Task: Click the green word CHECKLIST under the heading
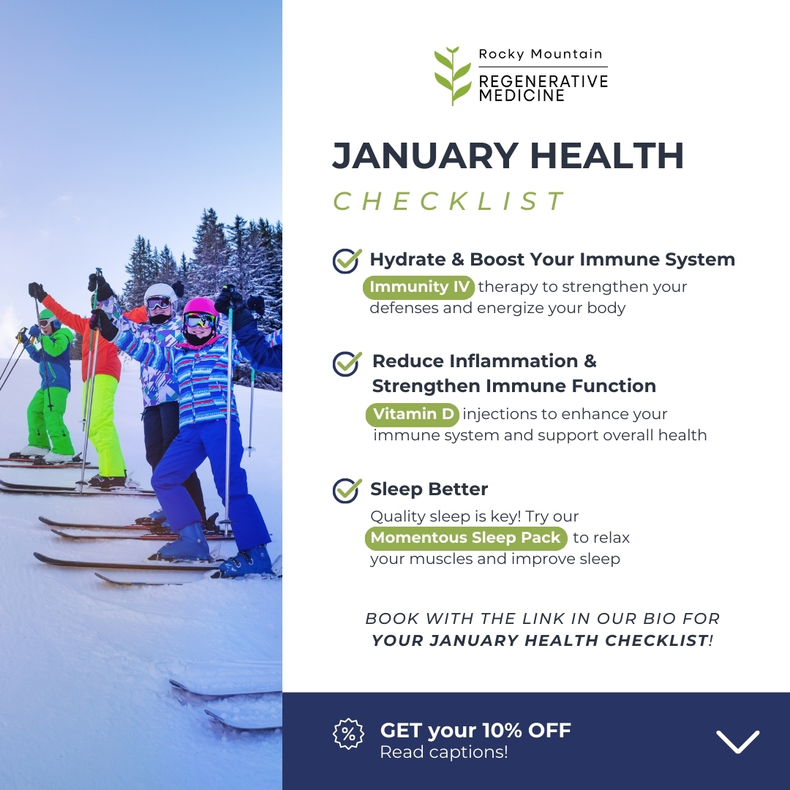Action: coord(449,201)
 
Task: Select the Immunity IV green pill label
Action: coord(418,287)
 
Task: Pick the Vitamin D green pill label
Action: coord(413,414)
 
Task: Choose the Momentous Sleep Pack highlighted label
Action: coord(465,538)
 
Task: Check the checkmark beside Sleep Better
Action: coord(347,489)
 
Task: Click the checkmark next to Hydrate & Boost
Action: coord(347,260)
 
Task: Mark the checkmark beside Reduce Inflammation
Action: coord(347,364)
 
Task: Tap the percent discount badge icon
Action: coord(348,734)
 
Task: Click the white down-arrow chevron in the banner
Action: coord(737,741)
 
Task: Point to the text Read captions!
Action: coord(443,752)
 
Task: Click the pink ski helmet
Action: coord(200,309)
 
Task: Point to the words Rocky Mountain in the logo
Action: coord(540,54)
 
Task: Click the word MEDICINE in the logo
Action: coord(522,95)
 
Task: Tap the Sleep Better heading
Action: coord(429,489)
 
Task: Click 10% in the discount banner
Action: coord(501,730)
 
